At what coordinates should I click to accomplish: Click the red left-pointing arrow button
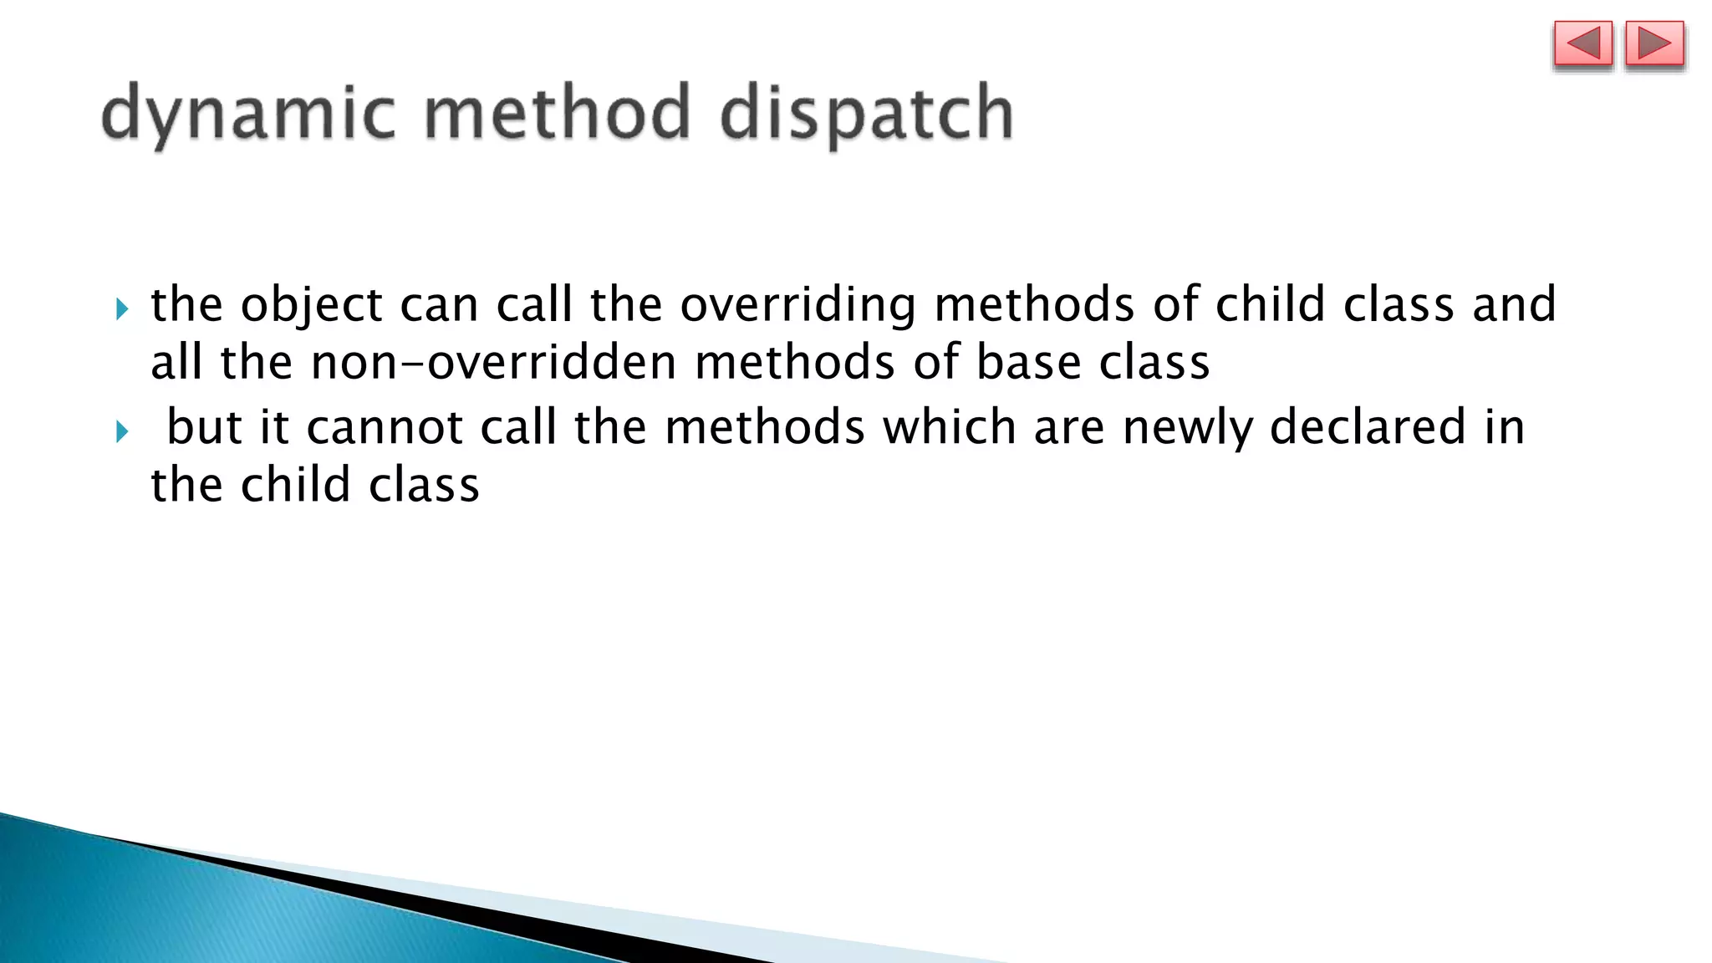coord(1582,44)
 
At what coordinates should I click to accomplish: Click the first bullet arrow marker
coord(122,310)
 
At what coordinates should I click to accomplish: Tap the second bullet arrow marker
coord(122,432)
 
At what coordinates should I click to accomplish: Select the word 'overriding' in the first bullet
coord(797,305)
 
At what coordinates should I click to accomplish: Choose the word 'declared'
coord(1368,427)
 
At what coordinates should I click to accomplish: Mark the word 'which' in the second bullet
coord(950,427)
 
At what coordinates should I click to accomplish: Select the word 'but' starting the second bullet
coord(204,427)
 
